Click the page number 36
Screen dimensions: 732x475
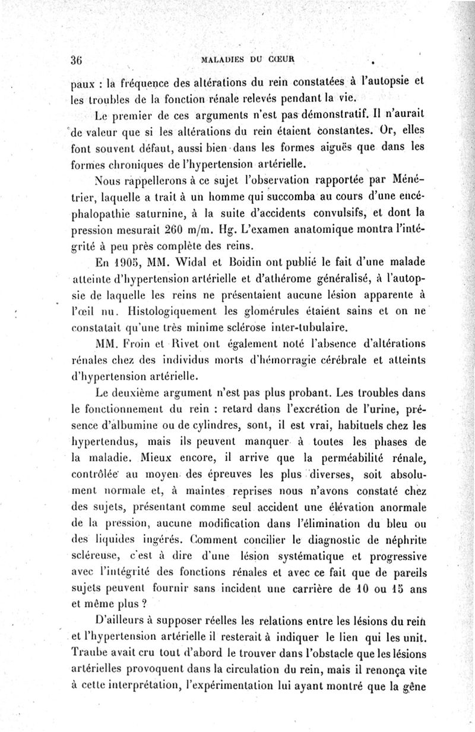[75, 60]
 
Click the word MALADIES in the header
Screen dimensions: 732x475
[225, 59]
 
